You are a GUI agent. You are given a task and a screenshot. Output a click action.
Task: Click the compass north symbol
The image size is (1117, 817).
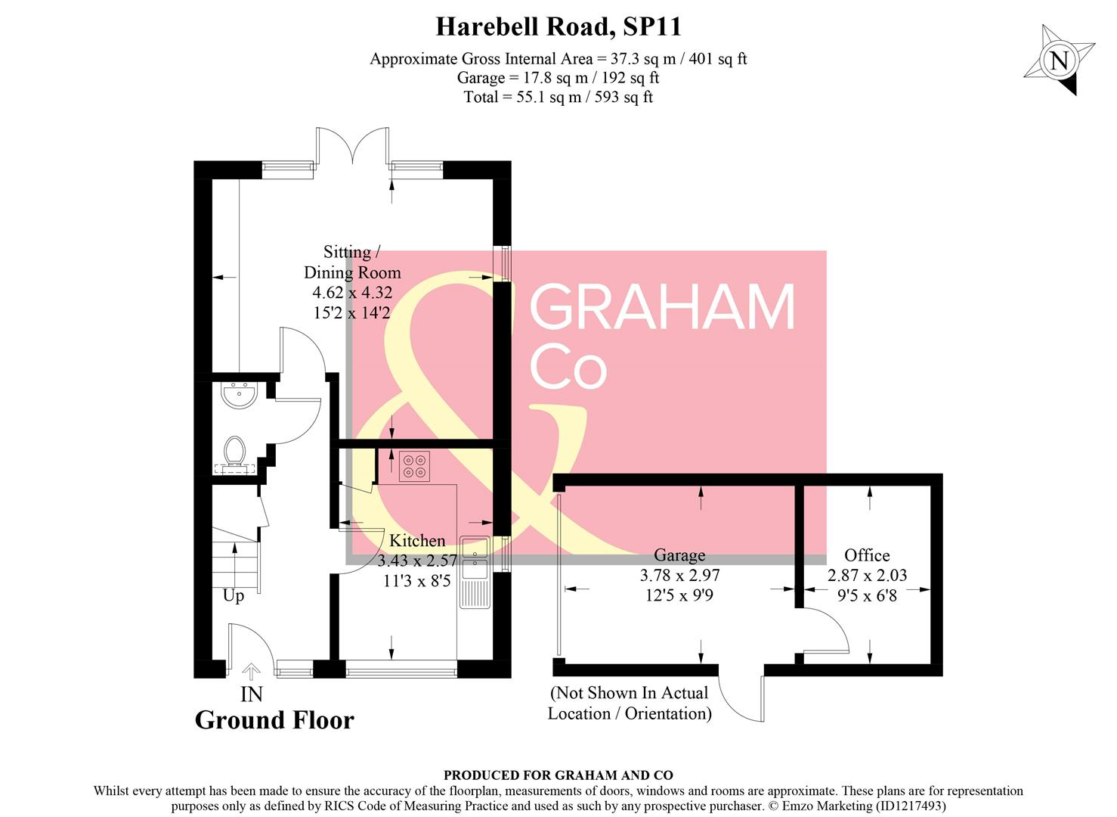[x=1059, y=61]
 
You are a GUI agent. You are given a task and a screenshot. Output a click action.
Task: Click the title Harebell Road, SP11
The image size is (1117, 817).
[x=558, y=27]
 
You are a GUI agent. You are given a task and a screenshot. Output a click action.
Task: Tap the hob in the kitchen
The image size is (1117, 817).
[x=414, y=466]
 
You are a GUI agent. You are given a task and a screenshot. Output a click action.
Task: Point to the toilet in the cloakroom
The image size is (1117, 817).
[x=235, y=452]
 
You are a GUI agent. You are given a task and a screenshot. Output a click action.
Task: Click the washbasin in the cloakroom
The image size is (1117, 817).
[x=240, y=395]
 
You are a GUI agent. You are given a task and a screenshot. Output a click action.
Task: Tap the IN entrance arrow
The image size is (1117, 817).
[x=251, y=671]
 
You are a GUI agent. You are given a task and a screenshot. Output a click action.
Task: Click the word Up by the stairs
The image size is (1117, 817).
[x=234, y=596]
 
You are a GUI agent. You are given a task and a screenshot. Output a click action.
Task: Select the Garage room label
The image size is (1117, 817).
[x=679, y=556]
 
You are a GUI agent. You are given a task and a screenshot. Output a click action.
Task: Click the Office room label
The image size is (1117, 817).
[x=867, y=556]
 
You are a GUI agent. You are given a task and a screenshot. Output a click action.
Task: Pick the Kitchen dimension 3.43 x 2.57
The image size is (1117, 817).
[x=417, y=561]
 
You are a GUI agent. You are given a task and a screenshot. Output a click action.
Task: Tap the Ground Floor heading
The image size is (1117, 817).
[x=274, y=720]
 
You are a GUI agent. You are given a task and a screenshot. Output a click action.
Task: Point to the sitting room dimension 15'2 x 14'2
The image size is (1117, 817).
[x=352, y=312]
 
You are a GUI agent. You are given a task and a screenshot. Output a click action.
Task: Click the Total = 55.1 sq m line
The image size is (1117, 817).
[x=558, y=97]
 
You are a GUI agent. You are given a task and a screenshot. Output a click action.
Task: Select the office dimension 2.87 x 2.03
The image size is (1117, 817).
[x=867, y=575]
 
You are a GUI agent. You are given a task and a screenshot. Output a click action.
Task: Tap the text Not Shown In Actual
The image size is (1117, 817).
[x=630, y=693]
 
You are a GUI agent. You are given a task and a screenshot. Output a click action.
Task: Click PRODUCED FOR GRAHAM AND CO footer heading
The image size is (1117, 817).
[x=558, y=775]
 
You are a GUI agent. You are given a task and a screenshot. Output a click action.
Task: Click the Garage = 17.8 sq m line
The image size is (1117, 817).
[x=558, y=78]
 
